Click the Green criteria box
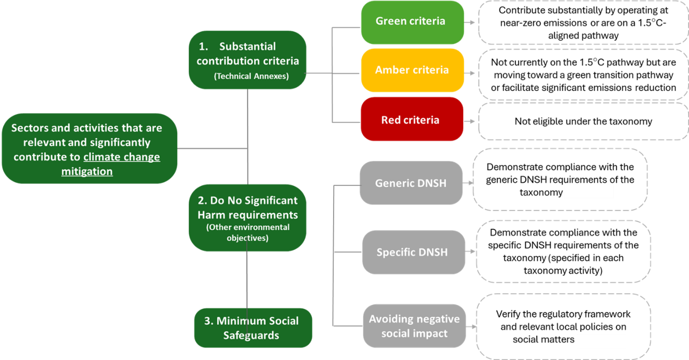point(412,22)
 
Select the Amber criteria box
point(412,70)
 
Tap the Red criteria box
point(411,119)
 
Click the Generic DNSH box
point(411,183)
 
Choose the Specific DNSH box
point(413,252)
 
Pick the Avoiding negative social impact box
point(414,326)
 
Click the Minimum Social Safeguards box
point(253,328)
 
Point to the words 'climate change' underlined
point(122,157)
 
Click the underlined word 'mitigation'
point(87,172)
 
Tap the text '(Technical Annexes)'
point(251,76)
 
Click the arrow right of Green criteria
point(470,22)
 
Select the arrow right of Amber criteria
point(470,73)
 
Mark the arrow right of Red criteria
point(470,121)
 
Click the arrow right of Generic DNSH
point(468,183)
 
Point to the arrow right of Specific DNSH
point(471,251)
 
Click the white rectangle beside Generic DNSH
point(589,191)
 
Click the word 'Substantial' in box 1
point(247,47)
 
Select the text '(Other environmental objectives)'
point(248,233)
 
